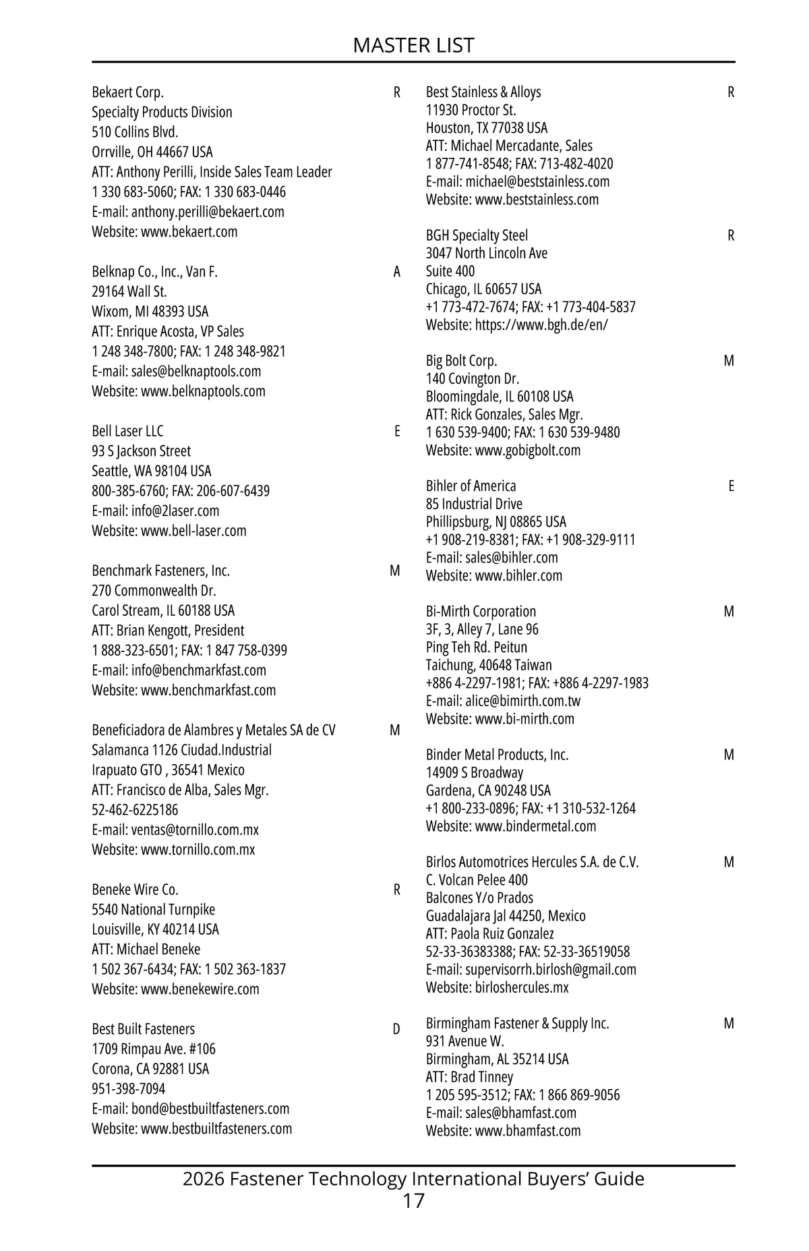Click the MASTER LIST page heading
(x=413, y=45)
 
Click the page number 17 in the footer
(x=413, y=1200)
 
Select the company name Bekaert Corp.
(x=127, y=92)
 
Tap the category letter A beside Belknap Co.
(x=396, y=272)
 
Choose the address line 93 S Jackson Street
(x=141, y=451)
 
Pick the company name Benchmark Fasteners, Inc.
(x=160, y=571)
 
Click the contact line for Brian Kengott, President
(x=168, y=631)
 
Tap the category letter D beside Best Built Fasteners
(x=396, y=1029)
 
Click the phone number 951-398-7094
(x=128, y=1088)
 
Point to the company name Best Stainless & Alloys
(x=483, y=92)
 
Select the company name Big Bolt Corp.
(x=461, y=361)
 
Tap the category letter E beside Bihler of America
(x=731, y=486)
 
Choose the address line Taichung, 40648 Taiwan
(x=488, y=665)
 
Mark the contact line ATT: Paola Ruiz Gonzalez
(x=489, y=933)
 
